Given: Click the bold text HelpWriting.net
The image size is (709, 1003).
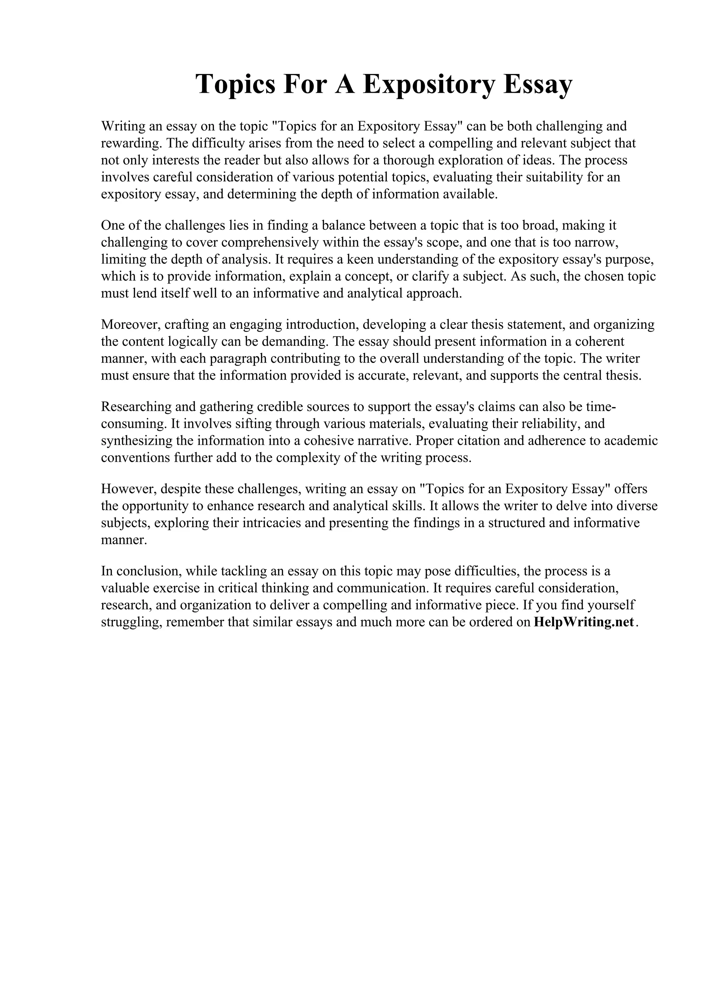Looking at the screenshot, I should click(584, 622).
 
